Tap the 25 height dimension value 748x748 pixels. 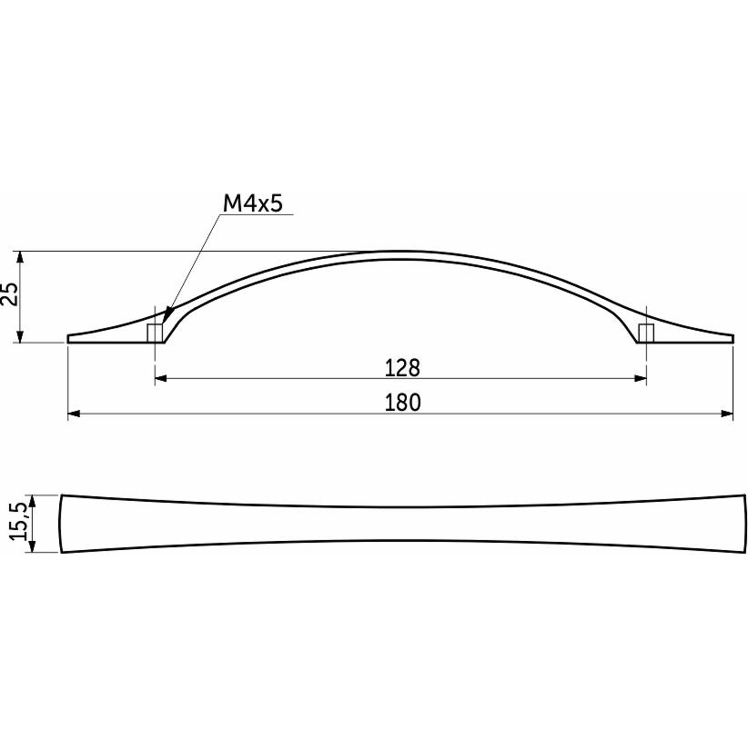pos(10,294)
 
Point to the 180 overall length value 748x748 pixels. pos(402,402)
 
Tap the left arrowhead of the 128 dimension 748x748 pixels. pos(161,378)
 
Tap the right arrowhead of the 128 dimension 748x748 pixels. pos(641,378)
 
